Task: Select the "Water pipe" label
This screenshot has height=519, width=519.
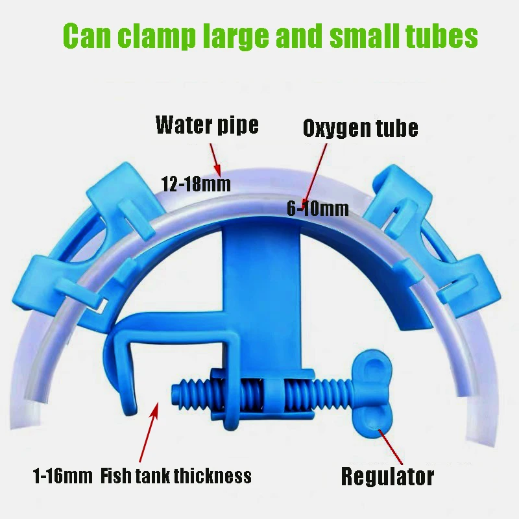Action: tap(207, 124)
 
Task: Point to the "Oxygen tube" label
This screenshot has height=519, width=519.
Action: tap(360, 128)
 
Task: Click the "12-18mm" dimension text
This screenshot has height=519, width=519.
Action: tap(195, 184)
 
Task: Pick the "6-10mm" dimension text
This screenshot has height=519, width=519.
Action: tap(318, 208)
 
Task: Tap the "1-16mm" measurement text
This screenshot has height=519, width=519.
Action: tap(63, 477)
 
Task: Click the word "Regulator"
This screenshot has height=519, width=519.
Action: tap(387, 477)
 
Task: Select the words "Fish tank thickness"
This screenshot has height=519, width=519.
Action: tap(176, 477)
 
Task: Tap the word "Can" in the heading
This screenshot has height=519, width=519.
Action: tap(84, 37)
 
